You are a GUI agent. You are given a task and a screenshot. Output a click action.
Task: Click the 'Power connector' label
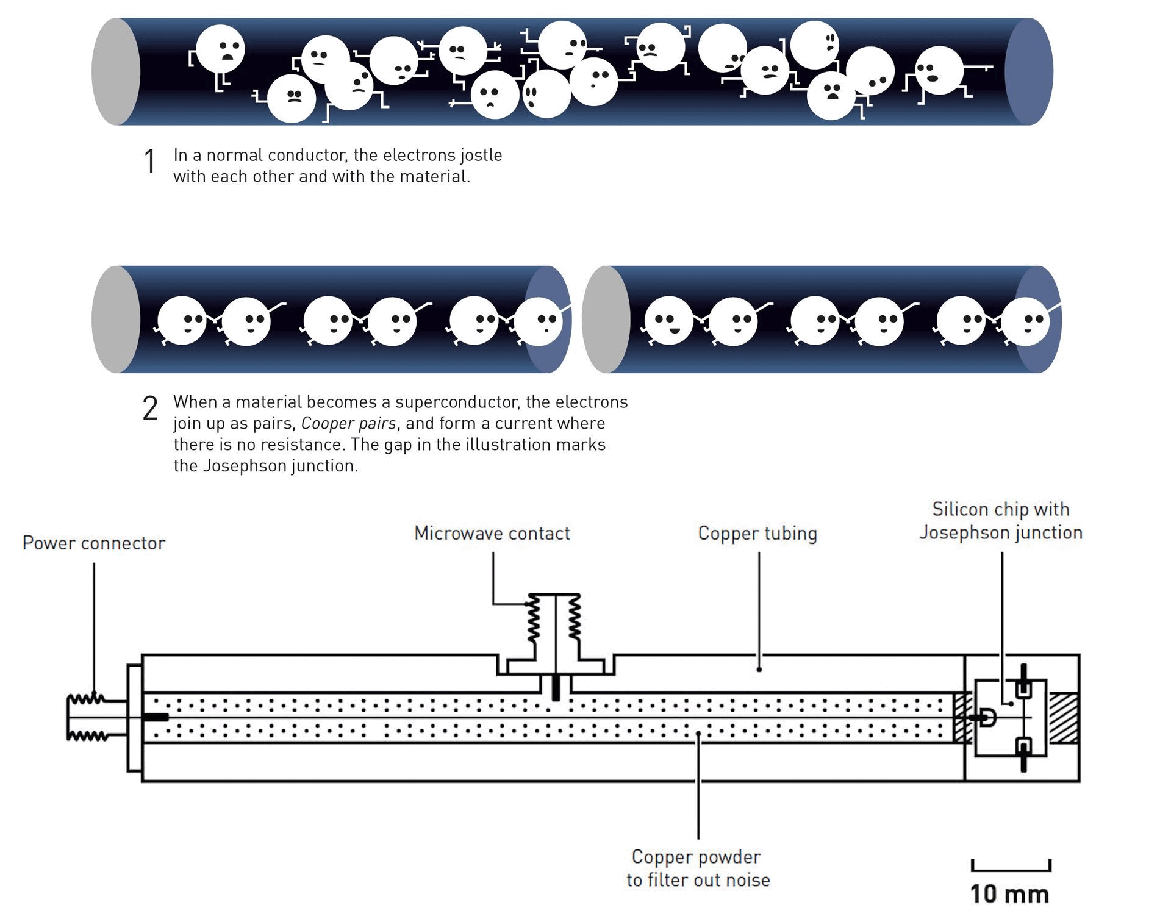[93, 543]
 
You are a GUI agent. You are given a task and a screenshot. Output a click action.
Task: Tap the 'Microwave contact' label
[492, 533]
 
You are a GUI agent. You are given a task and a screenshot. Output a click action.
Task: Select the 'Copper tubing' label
[757, 533]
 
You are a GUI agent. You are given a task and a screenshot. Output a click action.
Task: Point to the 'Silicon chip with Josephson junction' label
[1000, 520]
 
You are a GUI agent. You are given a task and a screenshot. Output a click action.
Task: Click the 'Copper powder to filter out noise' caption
[697, 868]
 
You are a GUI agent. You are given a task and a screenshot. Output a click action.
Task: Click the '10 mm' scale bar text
[1009, 894]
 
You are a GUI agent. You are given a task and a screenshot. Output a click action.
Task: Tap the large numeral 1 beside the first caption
[149, 162]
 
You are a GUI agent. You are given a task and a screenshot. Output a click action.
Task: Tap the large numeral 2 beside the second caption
[150, 408]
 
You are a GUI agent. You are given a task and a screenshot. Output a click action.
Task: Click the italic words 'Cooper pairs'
[348, 423]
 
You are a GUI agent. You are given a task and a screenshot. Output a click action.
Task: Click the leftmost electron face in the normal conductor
[220, 49]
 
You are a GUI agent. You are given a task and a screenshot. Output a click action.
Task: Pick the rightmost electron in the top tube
[939, 70]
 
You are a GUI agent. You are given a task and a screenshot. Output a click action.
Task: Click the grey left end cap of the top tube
[115, 72]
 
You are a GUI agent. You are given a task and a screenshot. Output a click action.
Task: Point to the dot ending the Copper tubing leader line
[759, 670]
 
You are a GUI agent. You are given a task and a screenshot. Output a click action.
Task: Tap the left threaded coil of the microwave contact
[534, 618]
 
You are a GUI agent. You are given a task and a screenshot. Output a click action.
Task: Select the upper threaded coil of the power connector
[87, 699]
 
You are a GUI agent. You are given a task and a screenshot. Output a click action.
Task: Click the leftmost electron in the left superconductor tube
[182, 321]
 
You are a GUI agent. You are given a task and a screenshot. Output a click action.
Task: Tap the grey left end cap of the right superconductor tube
[604, 320]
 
